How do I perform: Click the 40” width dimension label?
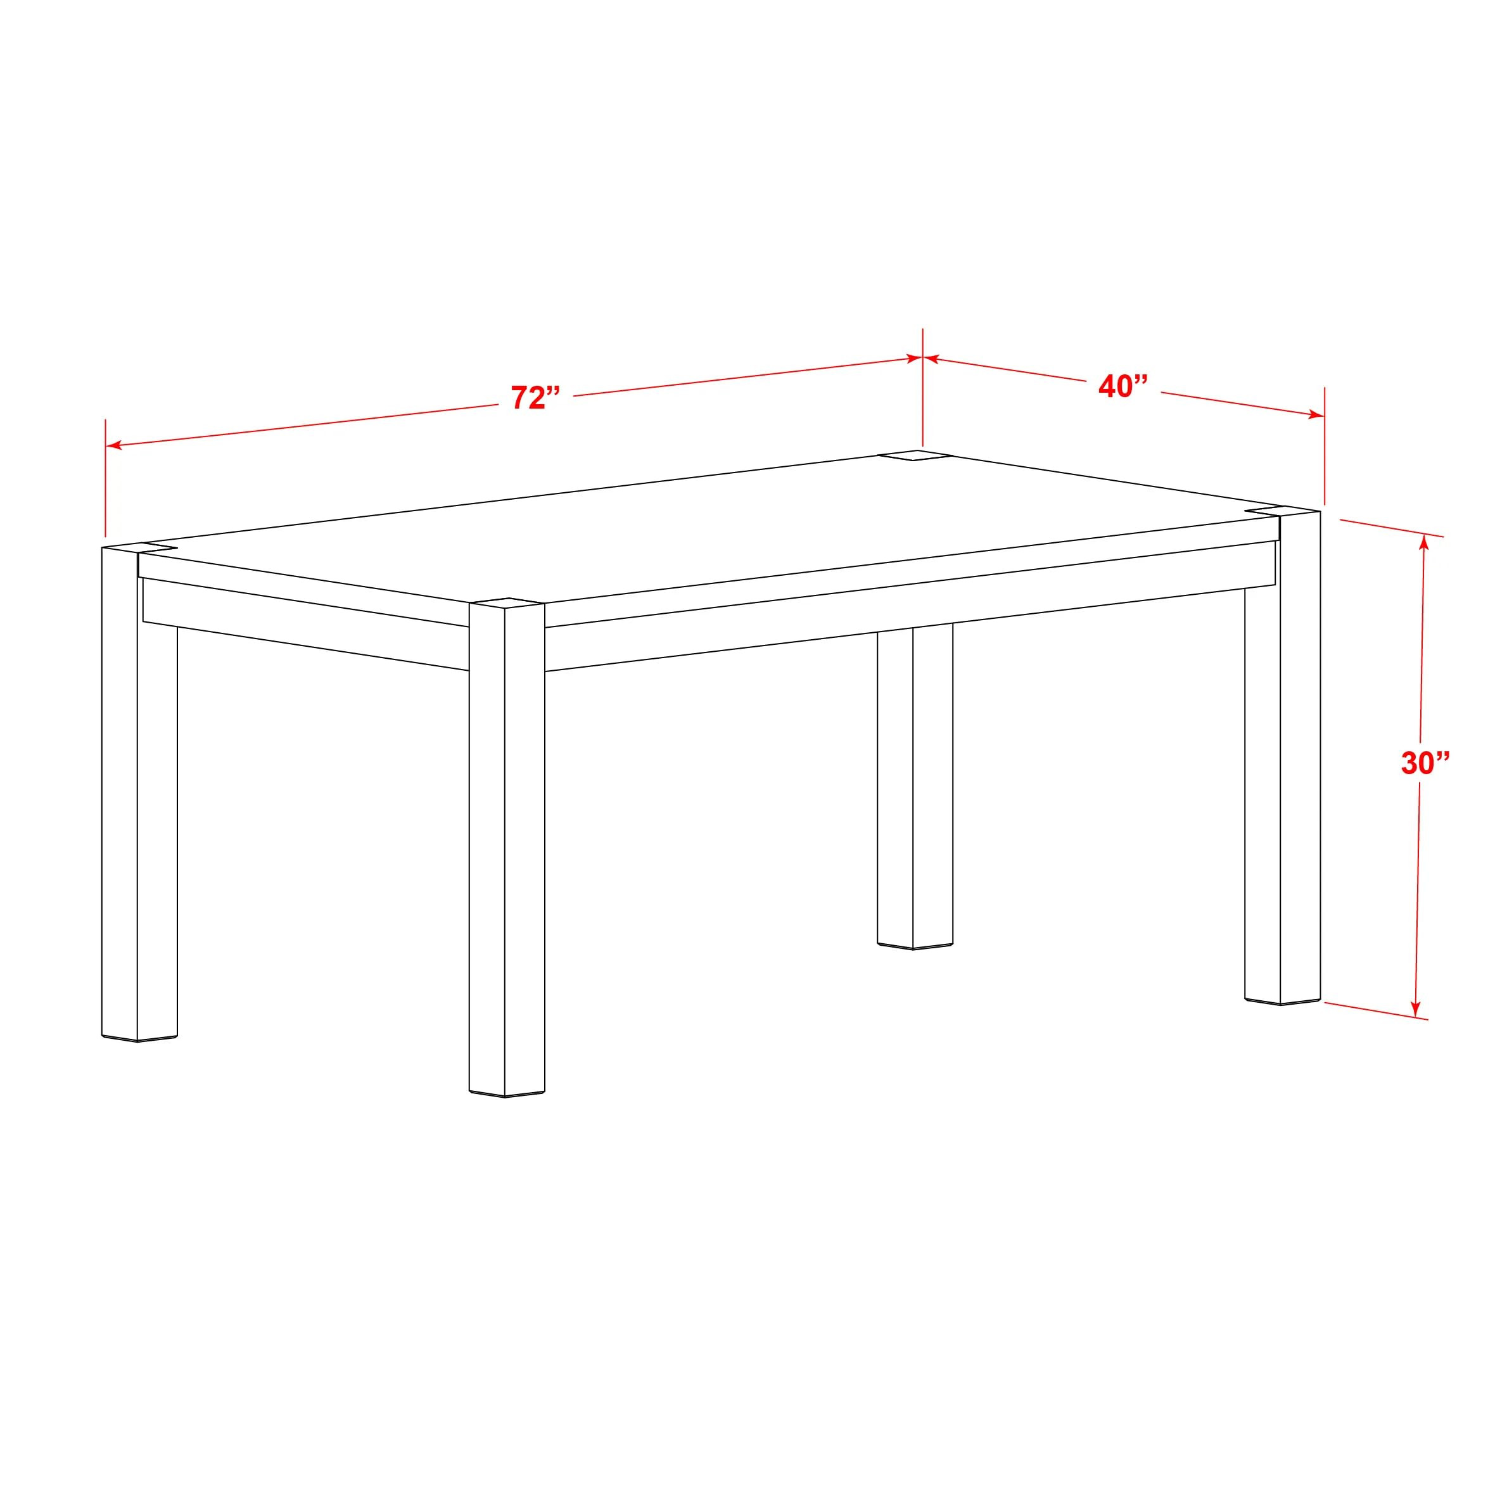pos(1123,386)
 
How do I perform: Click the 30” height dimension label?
pos(1425,763)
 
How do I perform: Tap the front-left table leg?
pos(139,793)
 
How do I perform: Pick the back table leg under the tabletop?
pos(914,785)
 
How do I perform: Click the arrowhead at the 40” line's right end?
pos(1316,415)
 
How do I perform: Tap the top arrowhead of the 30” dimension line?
pos(1424,542)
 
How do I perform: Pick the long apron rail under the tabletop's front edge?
pos(909,604)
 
